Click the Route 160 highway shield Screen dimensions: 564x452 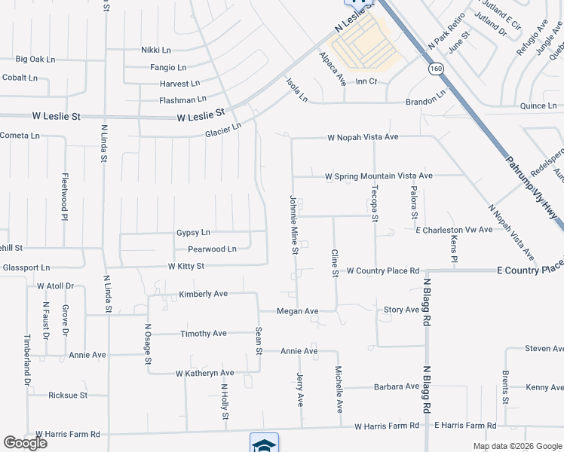pyautogui.click(x=436, y=69)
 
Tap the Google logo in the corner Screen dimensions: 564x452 pyautogui.click(x=25, y=443)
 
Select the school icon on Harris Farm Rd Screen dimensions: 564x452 pyautogui.click(x=264, y=444)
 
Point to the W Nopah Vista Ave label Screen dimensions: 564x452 pyautogui.click(x=363, y=138)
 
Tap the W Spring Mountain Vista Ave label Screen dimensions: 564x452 pyautogui.click(x=379, y=176)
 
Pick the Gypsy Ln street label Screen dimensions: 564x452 pyautogui.click(x=193, y=232)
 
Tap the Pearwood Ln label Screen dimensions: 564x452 pyautogui.click(x=212, y=249)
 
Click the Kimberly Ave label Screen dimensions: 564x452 pyautogui.click(x=203, y=294)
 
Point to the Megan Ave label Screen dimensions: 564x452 pyautogui.click(x=297, y=310)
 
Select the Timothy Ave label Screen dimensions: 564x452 pyautogui.click(x=204, y=333)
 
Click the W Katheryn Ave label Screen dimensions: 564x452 pyautogui.click(x=204, y=373)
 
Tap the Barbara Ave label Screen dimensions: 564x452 pyautogui.click(x=396, y=386)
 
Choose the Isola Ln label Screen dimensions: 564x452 pyautogui.click(x=296, y=89)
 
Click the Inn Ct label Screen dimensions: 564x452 pyautogui.click(x=366, y=81)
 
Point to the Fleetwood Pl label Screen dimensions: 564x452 pyautogui.click(x=64, y=194)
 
